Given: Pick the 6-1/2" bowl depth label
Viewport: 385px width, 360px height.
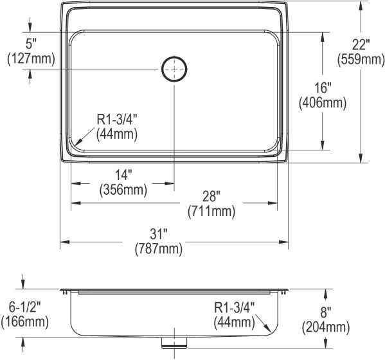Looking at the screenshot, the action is pos(25,307).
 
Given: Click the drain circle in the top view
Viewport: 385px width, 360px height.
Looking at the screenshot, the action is pos(174,69).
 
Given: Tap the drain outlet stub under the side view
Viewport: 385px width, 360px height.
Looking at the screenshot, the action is pos(174,342).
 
